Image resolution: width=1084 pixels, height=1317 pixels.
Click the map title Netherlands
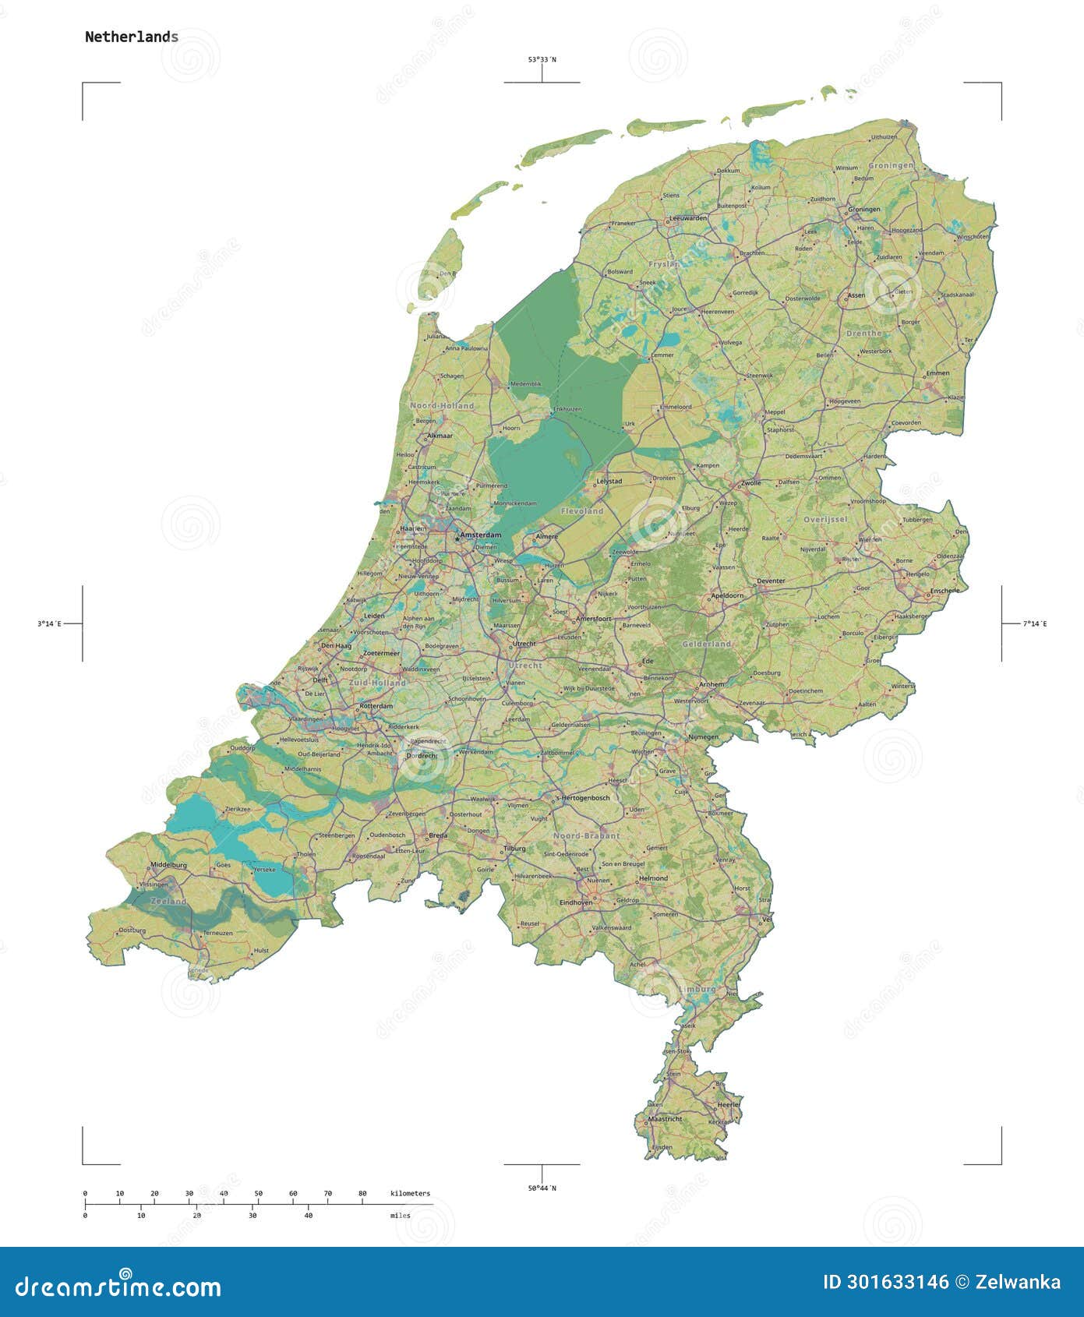coord(131,37)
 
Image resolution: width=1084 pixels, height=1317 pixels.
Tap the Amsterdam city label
coord(481,535)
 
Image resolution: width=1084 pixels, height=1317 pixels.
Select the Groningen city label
coord(864,209)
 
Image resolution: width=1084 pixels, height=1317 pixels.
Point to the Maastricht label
coord(665,1119)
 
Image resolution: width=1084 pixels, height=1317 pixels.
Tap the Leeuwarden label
coord(689,218)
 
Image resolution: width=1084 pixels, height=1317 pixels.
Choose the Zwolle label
coord(751,483)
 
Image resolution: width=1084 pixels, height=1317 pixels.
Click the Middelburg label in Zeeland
coord(168,865)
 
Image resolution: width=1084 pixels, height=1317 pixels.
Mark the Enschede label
coord(945,591)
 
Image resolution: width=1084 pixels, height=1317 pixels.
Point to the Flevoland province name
coord(582,511)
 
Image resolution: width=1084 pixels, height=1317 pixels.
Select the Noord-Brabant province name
coord(586,835)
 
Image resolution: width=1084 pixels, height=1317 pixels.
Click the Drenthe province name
coord(863,333)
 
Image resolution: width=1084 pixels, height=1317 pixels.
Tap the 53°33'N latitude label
coord(542,59)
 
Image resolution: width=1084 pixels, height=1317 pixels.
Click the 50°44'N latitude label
coord(542,1188)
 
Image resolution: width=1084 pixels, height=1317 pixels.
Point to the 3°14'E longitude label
coord(49,623)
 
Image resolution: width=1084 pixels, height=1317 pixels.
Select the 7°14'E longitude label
coord(1035,623)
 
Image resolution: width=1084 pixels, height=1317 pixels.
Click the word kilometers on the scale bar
coord(410,1193)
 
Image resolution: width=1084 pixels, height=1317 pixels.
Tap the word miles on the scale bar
coord(400,1215)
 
